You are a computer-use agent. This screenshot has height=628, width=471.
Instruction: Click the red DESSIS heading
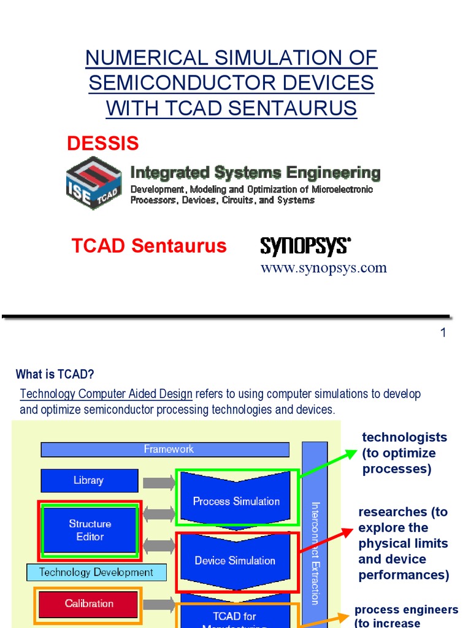[102, 144]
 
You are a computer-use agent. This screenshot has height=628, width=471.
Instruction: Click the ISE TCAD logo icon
[93, 183]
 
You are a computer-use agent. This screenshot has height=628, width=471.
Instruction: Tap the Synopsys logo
[305, 247]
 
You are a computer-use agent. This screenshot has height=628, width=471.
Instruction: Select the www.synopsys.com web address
[323, 268]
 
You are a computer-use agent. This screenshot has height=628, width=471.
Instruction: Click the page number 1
[443, 333]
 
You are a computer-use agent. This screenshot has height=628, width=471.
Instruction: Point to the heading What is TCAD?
[55, 374]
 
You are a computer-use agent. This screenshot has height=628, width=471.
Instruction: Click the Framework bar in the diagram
[168, 450]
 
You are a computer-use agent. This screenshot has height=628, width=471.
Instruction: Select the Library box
[89, 481]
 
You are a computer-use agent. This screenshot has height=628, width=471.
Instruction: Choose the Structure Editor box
[90, 530]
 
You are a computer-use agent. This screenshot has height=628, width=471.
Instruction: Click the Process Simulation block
[236, 500]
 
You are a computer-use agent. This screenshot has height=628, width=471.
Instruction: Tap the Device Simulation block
[235, 560]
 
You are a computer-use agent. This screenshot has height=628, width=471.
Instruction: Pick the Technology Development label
[96, 573]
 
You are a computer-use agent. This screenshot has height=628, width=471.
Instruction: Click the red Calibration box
[89, 604]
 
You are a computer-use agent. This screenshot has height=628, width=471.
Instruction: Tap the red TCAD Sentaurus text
[149, 246]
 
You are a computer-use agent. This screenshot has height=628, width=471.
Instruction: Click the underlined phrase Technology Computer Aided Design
[106, 394]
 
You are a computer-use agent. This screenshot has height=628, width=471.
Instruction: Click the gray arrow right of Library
[158, 482]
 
